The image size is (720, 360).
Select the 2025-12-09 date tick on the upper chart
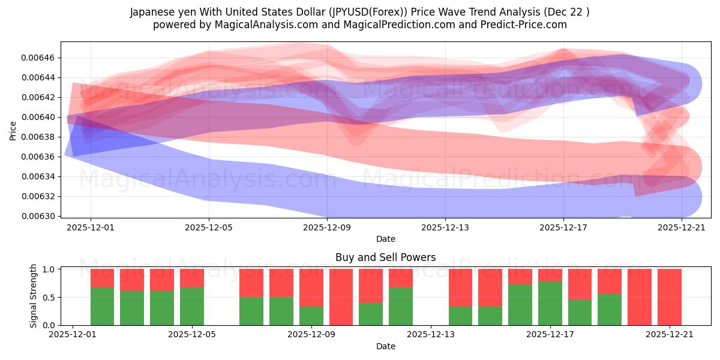326,227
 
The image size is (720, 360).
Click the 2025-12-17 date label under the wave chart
563,227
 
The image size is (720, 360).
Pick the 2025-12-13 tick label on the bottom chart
431,335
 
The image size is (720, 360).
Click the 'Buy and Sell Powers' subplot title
385,257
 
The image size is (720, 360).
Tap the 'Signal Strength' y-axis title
34,296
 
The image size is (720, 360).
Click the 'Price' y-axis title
13,130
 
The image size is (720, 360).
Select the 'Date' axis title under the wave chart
385,239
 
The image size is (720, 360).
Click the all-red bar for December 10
341,297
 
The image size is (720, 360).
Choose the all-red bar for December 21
669,297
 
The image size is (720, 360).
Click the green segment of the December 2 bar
102,306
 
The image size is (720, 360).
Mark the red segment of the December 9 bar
311,287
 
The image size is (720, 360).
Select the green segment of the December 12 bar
400,306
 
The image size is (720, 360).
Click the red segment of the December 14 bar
460,287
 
